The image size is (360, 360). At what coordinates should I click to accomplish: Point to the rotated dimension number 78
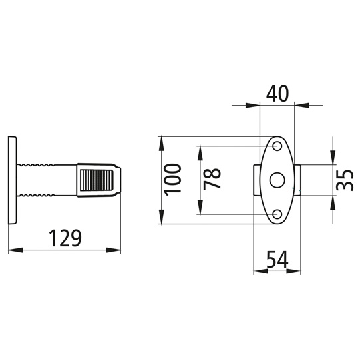(x=212, y=179)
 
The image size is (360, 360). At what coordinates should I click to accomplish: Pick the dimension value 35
(x=344, y=180)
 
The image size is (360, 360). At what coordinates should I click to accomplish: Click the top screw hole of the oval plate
(x=277, y=146)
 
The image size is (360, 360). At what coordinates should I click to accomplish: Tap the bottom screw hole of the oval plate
(x=277, y=214)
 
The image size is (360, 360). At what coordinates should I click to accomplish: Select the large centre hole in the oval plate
(x=277, y=180)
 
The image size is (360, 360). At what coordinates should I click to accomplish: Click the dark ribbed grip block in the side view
(x=98, y=180)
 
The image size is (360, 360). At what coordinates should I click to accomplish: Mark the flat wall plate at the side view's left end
(x=12, y=180)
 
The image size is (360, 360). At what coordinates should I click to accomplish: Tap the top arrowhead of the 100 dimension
(x=161, y=141)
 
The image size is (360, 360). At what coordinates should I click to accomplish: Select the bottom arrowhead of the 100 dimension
(x=161, y=219)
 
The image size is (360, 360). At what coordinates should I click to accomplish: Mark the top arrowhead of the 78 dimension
(x=199, y=150)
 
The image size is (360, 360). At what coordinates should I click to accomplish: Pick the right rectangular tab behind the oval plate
(x=299, y=180)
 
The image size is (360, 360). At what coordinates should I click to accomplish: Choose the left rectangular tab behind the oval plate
(x=256, y=180)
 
